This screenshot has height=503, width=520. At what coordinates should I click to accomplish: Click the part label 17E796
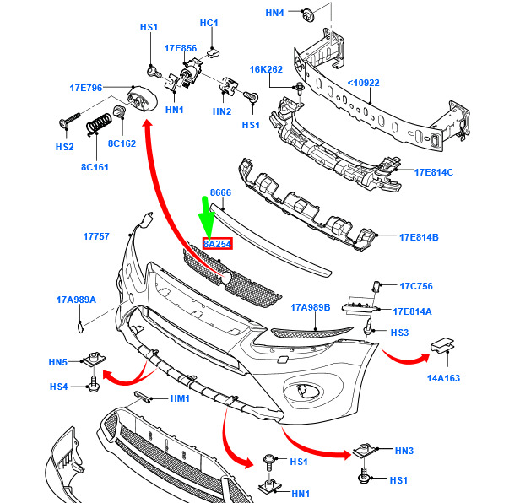[x=85, y=87]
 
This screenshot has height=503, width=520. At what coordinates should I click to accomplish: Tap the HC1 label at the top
[x=209, y=23]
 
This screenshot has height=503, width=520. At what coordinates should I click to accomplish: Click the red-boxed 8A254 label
[x=217, y=244]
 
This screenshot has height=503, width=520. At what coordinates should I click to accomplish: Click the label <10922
[x=363, y=83]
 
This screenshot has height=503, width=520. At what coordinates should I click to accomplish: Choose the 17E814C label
[x=433, y=172]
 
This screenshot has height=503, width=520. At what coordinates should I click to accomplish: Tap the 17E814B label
[x=418, y=237]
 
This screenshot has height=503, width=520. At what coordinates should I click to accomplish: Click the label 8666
[x=220, y=192]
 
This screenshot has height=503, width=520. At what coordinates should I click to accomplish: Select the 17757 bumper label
[x=96, y=236]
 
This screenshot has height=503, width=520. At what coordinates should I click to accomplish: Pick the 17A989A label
[x=76, y=300]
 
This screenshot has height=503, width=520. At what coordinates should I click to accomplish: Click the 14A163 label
[x=442, y=378]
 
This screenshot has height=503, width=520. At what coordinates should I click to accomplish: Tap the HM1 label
[x=181, y=398]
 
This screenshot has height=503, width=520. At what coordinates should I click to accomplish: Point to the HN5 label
[x=58, y=362]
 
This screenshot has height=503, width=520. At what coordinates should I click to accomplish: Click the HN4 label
[x=275, y=13]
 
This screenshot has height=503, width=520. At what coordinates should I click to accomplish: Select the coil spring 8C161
[x=100, y=126]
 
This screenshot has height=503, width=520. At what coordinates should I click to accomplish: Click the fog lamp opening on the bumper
[x=304, y=392]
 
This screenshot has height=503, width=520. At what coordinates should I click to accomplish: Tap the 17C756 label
[x=415, y=286]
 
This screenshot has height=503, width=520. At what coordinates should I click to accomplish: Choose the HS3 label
[x=399, y=333]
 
